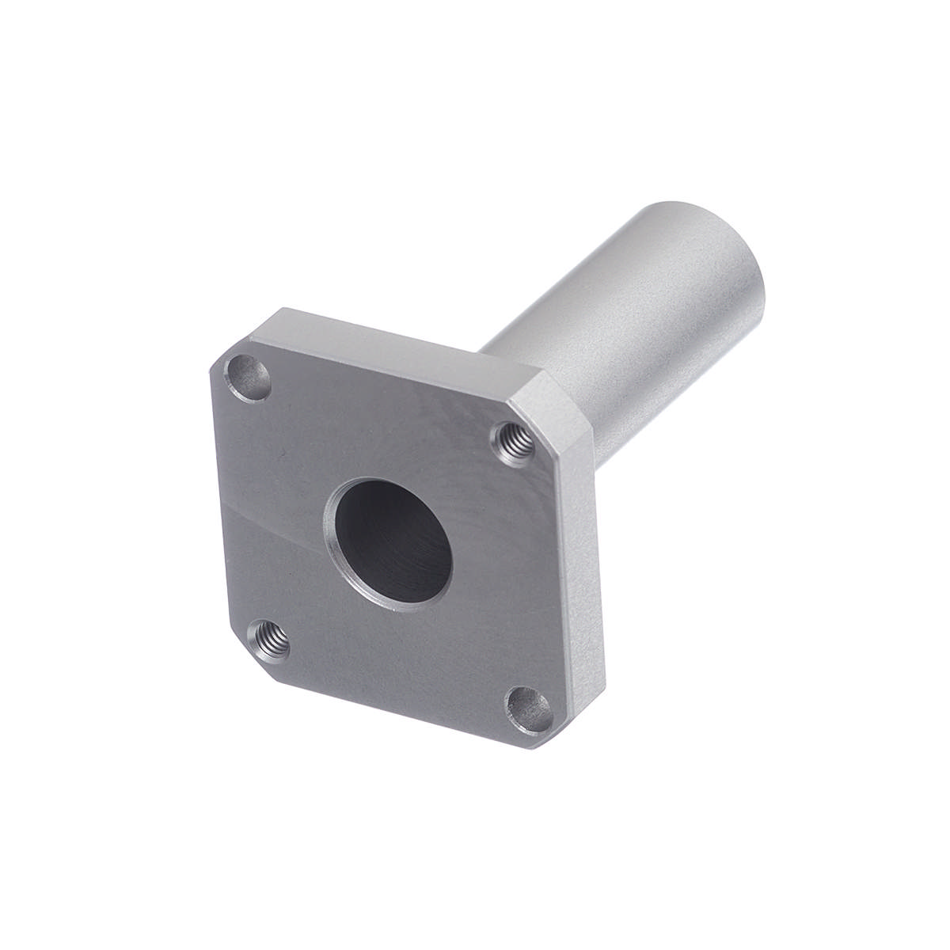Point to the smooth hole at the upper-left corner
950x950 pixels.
[248, 375]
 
